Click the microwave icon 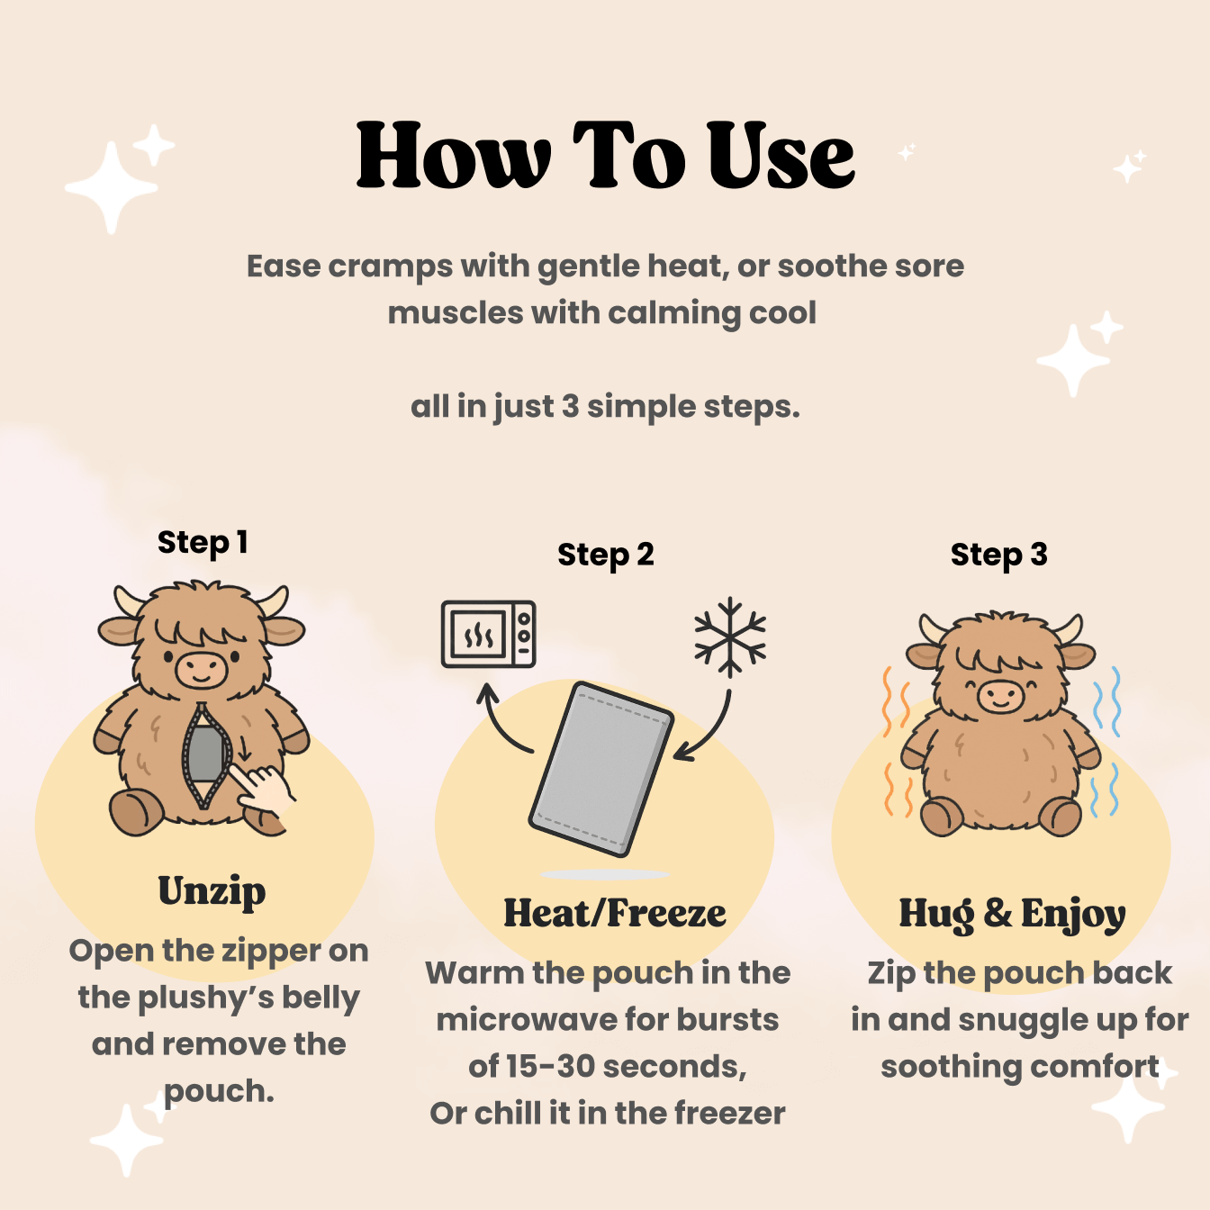coord(488,634)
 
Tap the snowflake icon coord(729,637)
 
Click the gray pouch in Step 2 coord(601,768)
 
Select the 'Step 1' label coord(202,543)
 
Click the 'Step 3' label coord(998,555)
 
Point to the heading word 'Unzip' coord(212,891)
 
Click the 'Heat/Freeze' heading coord(614,914)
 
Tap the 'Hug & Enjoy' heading coord(1012,914)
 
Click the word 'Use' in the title coord(780,157)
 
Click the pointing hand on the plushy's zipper coord(266,788)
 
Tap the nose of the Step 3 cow coord(1000,695)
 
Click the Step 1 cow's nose coord(201,669)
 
